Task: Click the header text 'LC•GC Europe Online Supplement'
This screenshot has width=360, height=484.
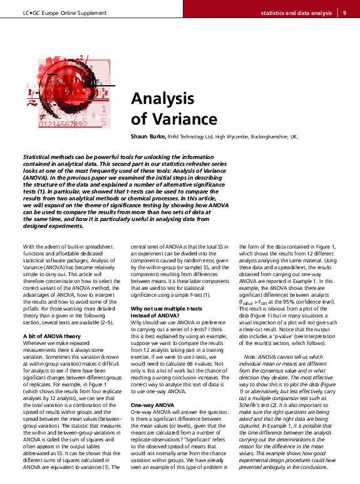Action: click(x=61, y=12)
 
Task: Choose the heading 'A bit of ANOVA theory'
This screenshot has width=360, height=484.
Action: click(x=49, y=337)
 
